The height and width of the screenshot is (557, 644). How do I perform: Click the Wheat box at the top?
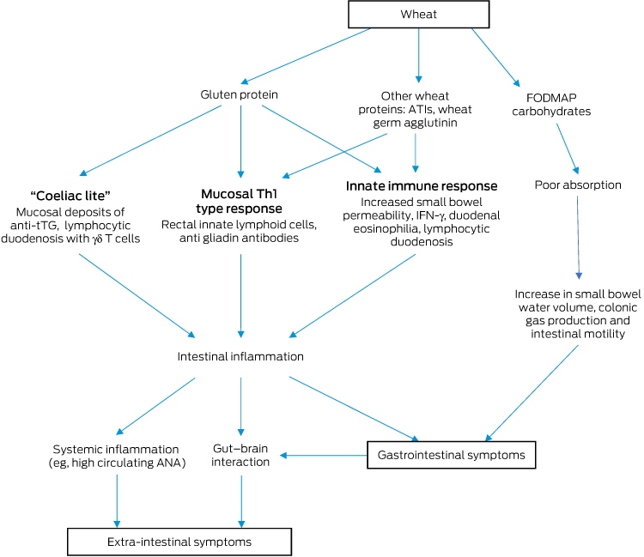click(x=418, y=15)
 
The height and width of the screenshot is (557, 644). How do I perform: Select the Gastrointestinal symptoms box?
click(x=452, y=455)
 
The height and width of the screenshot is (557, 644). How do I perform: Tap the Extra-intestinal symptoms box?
click(x=179, y=542)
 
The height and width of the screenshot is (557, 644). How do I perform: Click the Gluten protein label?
click(x=239, y=94)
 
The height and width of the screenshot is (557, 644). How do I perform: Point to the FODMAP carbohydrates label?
click(x=551, y=104)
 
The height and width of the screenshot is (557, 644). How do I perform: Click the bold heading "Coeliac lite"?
click(x=70, y=196)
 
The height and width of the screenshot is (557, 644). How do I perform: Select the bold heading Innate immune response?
click(x=422, y=186)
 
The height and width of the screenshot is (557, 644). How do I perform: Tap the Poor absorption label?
click(x=578, y=185)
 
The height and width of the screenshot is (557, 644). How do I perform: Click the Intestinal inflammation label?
click(x=240, y=356)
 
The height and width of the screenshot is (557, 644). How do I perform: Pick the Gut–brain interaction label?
click(x=240, y=455)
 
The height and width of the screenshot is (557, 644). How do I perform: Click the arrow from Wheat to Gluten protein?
click(x=305, y=56)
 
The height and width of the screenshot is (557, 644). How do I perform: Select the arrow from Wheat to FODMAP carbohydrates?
click(x=495, y=57)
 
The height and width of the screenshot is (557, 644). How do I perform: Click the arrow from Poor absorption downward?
click(x=578, y=237)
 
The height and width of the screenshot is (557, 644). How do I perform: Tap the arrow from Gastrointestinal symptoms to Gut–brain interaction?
click(x=324, y=455)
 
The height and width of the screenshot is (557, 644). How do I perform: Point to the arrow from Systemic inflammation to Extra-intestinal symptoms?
click(x=117, y=500)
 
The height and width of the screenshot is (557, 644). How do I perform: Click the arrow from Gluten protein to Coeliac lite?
click(x=150, y=141)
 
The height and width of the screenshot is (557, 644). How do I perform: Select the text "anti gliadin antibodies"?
click(x=239, y=238)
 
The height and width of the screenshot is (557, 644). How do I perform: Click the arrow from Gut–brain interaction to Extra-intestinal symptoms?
click(x=241, y=500)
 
